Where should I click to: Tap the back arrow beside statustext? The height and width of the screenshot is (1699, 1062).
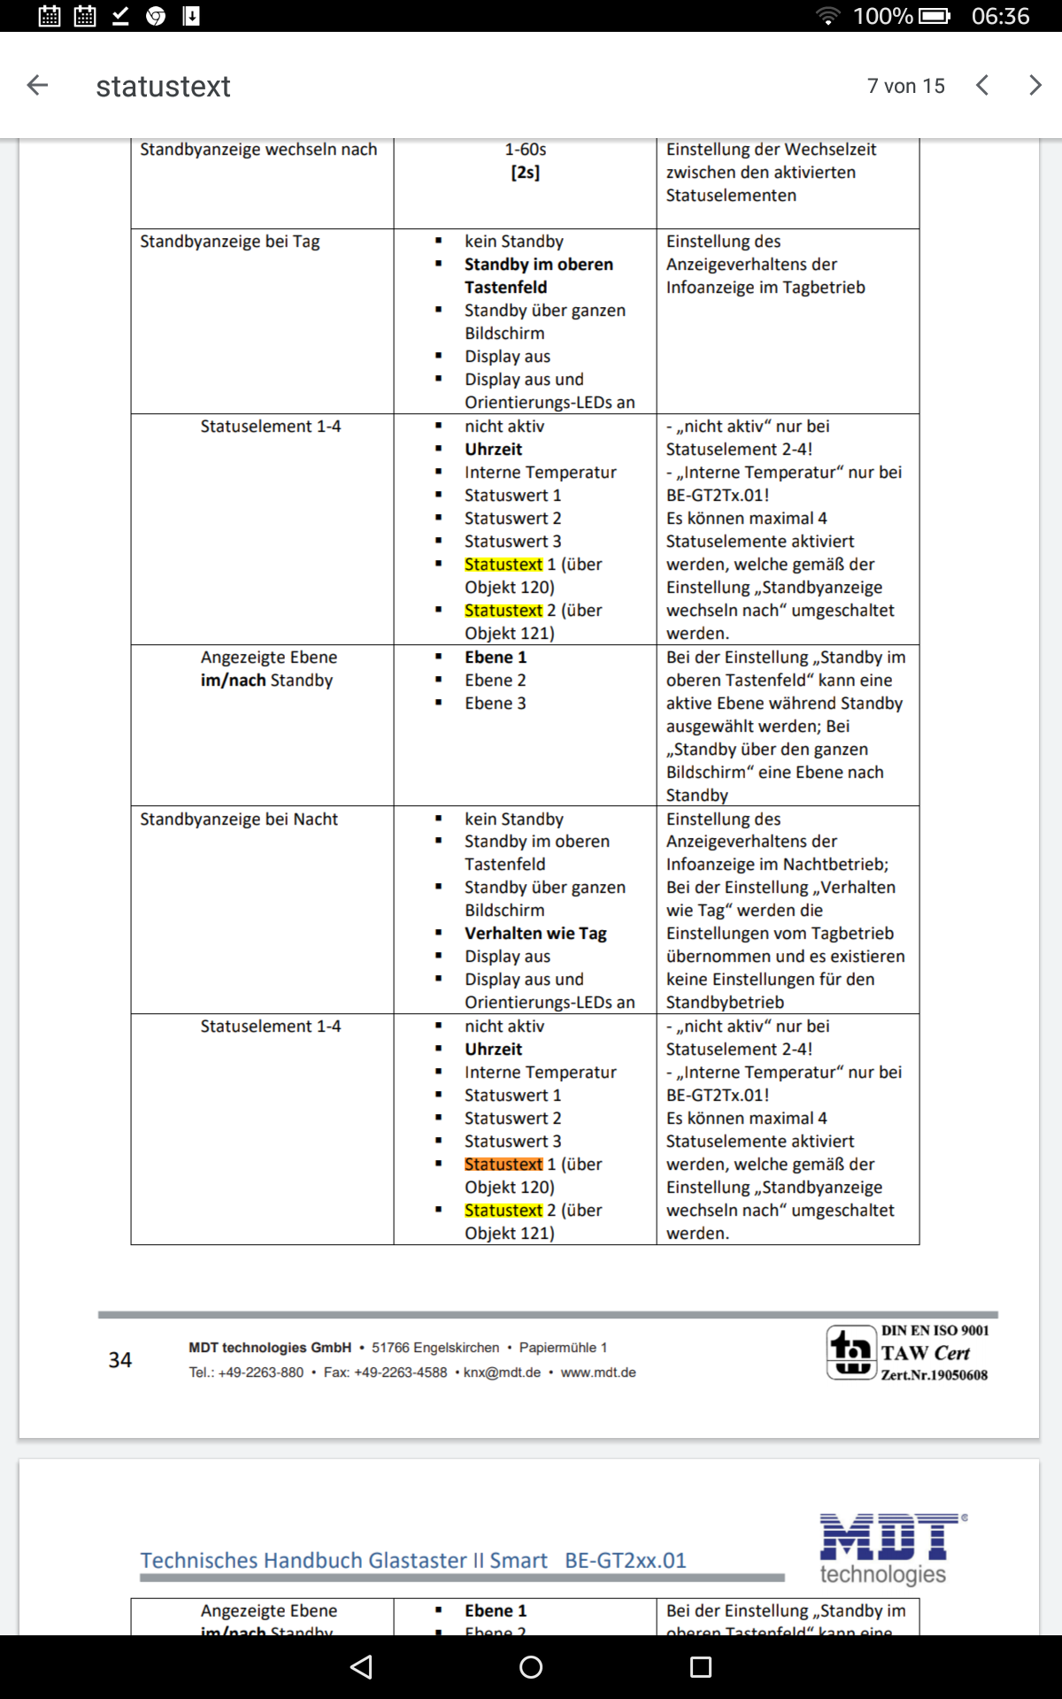coord(37,85)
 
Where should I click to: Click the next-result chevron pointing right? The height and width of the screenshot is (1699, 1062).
coord(1035,85)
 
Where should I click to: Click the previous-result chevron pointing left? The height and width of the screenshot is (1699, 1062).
coord(981,85)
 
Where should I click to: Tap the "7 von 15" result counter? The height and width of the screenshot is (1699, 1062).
coord(905,86)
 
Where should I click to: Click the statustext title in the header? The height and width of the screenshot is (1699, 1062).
coord(163,86)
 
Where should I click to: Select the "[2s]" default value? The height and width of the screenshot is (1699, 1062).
coord(525,173)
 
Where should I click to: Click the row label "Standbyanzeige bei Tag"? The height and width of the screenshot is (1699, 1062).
coord(230,242)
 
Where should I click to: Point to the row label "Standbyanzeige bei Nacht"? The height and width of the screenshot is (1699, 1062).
coord(239,819)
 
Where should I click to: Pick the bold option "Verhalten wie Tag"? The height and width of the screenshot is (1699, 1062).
coord(535,934)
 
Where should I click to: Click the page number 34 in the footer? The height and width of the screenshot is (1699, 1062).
coord(120,1360)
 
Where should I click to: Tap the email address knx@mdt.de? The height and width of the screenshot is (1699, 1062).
coord(502,1372)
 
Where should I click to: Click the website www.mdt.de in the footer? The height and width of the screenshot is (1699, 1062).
coord(598,1372)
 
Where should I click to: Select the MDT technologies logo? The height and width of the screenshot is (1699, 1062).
coord(889,1548)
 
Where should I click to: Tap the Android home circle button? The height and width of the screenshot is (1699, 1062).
coord(531,1667)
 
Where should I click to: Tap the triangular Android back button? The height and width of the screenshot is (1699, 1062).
coord(361,1667)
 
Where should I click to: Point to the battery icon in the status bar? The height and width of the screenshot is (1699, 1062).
coord(934,16)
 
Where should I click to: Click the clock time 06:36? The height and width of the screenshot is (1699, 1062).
coord(1000,16)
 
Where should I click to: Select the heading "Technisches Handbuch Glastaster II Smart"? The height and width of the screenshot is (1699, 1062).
coord(343,1560)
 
